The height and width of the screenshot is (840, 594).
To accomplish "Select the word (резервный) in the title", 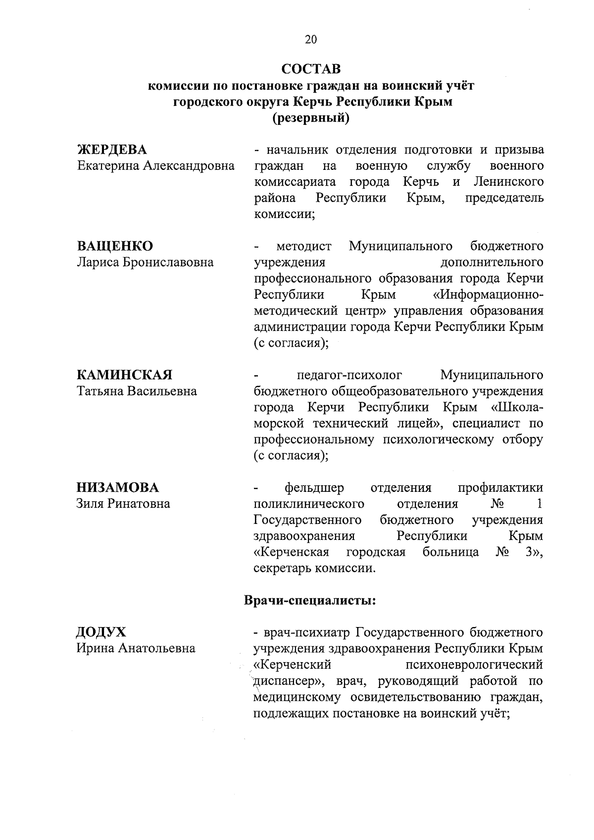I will coord(311,118).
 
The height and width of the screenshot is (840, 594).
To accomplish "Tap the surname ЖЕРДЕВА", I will coord(112,150).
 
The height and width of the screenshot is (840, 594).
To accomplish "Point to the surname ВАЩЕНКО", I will coord(115,246).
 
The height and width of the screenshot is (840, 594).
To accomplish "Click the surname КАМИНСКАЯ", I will coord(124,375).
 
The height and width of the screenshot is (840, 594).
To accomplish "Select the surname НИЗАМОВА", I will coord(118,488).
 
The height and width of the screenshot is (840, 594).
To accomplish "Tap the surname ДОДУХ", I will coord(101,632).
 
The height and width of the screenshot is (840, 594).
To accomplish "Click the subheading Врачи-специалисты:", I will coord(310,601).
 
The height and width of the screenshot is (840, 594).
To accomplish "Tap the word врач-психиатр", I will coord(308,632).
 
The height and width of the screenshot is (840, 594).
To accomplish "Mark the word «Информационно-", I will coord(488,295).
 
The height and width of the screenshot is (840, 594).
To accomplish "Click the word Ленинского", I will coord(508,182).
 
